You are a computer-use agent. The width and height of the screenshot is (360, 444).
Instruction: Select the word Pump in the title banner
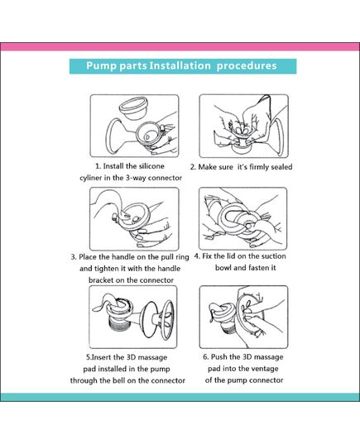pyautogui.click(x=103, y=65)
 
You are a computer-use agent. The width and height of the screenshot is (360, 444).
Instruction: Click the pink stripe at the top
pyautogui.click(x=180, y=47)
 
